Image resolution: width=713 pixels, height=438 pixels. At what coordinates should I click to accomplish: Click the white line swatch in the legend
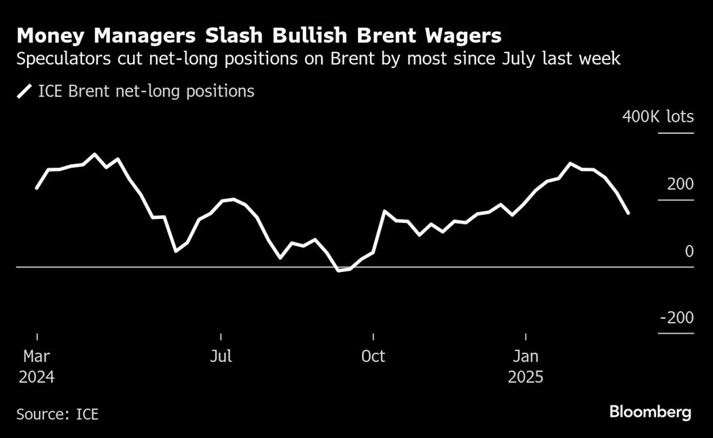point(24,91)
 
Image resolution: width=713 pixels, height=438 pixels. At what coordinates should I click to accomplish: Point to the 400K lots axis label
point(658,117)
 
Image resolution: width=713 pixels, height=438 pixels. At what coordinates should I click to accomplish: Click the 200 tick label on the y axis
point(680,184)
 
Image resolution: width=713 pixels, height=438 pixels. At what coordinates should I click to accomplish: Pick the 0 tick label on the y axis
point(689,252)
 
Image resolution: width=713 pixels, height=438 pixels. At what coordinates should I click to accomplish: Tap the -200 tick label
point(676,318)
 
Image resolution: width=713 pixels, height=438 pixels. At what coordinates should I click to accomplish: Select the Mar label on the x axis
point(37,356)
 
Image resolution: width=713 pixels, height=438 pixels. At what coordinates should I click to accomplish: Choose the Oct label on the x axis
point(373,356)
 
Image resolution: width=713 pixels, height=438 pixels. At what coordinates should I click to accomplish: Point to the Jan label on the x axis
point(526,356)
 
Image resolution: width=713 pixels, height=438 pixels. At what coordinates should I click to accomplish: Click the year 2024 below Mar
point(37,377)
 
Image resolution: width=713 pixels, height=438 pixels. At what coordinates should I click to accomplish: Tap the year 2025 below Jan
point(526,377)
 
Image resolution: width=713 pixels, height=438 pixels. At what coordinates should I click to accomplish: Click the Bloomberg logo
point(650,412)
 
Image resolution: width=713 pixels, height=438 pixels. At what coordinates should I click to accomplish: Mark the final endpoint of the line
point(628,213)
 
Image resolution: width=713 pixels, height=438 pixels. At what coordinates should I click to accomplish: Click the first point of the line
point(37,188)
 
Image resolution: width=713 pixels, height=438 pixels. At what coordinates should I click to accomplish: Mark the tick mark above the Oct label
point(373,337)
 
